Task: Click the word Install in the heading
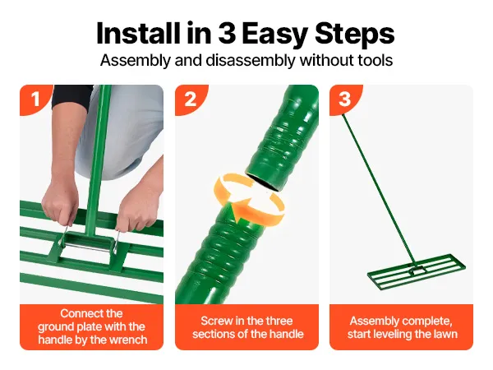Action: [x=139, y=33]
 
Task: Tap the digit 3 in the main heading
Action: [x=227, y=33]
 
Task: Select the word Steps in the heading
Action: [x=354, y=35]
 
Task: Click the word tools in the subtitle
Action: [x=376, y=60]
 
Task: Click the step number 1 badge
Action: [x=36, y=99]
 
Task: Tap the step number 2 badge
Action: [x=191, y=99]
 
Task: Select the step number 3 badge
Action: [x=346, y=99]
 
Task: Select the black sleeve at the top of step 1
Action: [x=71, y=96]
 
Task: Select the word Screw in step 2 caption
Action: [x=217, y=321]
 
